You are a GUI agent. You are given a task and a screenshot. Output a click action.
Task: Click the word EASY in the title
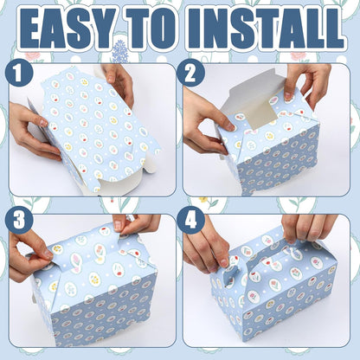[x=67, y=29]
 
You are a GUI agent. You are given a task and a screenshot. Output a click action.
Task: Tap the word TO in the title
[x=152, y=29]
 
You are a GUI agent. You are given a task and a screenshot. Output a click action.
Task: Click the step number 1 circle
[x=18, y=74]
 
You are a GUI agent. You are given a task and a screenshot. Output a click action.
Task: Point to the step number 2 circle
[x=190, y=74]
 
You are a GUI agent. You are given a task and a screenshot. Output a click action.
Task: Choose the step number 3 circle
[x=19, y=221]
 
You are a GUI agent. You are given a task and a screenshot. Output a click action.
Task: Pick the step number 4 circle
[x=190, y=221]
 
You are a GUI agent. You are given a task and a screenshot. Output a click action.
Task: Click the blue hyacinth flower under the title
[x=119, y=52]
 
